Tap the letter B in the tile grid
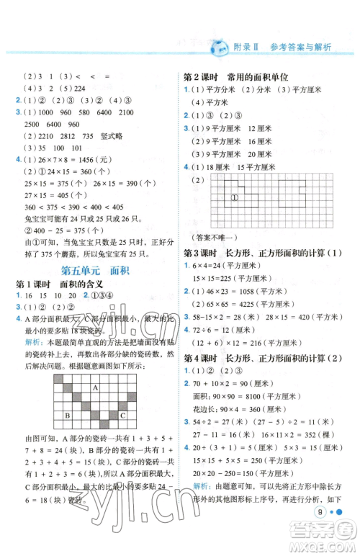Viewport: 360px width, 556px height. (67, 416)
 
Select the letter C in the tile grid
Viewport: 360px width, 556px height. (122, 416)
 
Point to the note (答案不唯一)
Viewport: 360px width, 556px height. (212, 238)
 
